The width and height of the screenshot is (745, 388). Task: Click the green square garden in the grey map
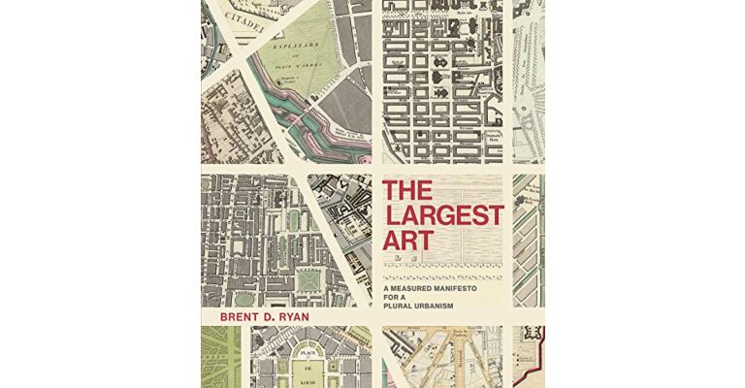tap(308, 279)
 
